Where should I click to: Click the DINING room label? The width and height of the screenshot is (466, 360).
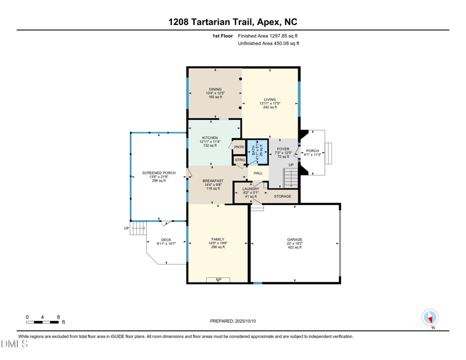[215, 90]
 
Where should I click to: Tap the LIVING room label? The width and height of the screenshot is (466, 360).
[270, 100]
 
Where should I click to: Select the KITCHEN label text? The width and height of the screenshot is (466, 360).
[210, 138]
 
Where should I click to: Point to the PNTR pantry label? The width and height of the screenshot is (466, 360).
[239, 147]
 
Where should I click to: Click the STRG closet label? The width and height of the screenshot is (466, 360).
[239, 160]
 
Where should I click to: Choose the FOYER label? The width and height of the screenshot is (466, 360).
[283, 149]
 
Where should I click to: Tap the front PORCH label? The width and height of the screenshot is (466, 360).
[313, 151]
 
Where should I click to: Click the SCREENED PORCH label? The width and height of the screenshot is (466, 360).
[158, 173]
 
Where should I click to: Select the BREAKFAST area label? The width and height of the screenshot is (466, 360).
[213, 181]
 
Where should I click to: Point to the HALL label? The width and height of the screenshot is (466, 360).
[258, 173]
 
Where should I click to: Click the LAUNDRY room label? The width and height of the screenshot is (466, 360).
[251, 189]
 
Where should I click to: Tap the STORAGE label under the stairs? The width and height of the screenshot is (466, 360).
[283, 196]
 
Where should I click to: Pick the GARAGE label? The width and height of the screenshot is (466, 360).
[294, 240]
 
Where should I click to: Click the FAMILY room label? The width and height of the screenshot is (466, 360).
[217, 239]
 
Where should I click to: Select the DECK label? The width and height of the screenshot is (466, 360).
[166, 240]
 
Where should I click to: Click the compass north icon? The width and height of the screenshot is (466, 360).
[430, 318]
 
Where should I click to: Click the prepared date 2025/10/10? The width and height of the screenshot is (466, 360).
[232, 321]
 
